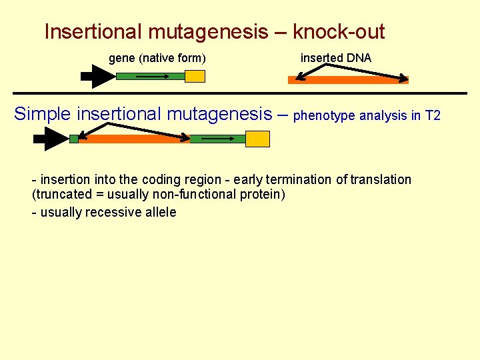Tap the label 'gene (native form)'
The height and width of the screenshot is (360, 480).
pos(157,58)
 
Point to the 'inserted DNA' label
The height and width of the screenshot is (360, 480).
pos(336,58)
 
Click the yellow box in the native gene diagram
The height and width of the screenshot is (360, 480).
pos(195,76)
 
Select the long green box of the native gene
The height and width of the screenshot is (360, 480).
pos(150,77)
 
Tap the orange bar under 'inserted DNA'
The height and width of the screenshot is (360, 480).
pos(348,80)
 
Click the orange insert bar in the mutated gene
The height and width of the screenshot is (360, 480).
pos(134,139)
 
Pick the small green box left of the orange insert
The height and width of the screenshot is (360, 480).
pos(73,139)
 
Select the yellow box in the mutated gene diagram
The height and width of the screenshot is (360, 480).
pos(257,139)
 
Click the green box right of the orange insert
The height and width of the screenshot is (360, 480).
pos(217,139)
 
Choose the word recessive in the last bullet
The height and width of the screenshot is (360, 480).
pos(114,212)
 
